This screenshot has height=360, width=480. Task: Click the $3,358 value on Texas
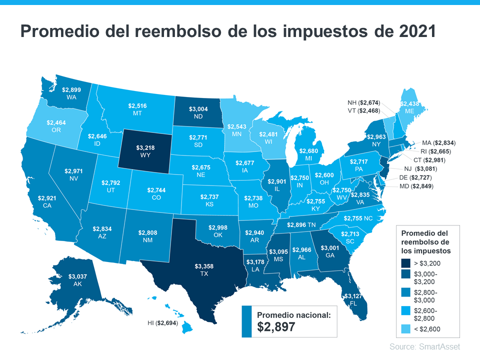[x=203, y=266]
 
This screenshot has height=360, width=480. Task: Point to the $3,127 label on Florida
[x=354, y=296]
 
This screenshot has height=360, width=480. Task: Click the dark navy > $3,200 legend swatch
[x=406, y=262]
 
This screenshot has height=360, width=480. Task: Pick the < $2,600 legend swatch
[x=406, y=328]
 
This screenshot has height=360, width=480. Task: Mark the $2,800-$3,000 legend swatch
[x=406, y=295]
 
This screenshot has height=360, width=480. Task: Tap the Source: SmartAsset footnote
[x=424, y=346]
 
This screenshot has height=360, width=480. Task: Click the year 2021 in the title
[x=412, y=31]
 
